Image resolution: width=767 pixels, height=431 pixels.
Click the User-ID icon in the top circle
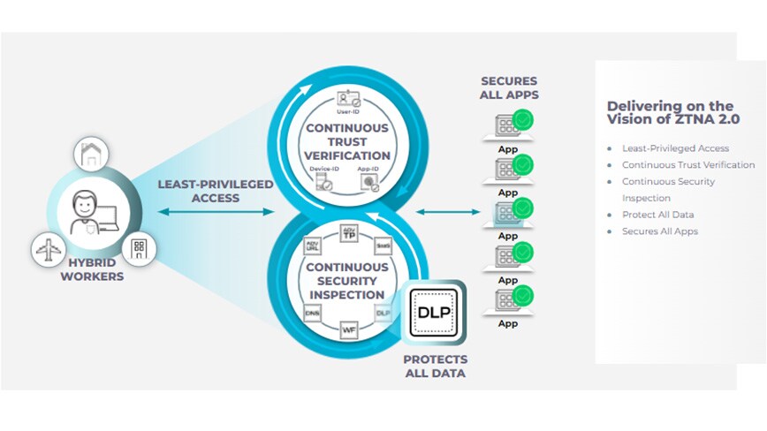click(x=346, y=102)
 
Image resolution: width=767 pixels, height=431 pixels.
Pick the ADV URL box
click(x=311, y=247)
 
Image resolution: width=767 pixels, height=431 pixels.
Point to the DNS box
click(x=311, y=312)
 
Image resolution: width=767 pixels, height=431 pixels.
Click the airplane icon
click(x=48, y=249)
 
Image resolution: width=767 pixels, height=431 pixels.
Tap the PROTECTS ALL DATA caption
click(x=435, y=367)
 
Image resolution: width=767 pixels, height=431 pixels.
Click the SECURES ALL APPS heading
click(x=509, y=88)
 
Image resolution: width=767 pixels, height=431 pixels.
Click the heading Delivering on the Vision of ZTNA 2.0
click(x=670, y=112)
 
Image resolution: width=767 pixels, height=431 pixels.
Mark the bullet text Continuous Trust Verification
click(x=687, y=165)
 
